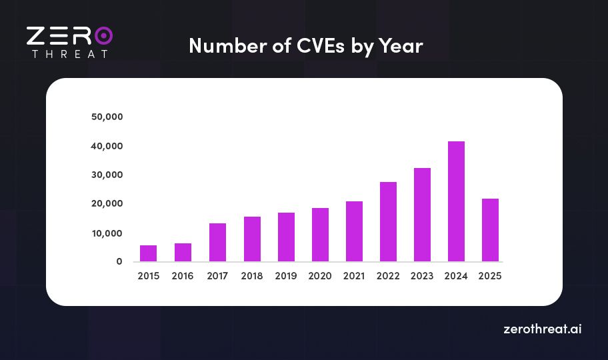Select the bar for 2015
coord(149,253)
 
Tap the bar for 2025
coord(490,230)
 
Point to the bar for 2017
coord(217,242)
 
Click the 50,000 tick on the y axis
coord(107,117)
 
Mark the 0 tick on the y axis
coord(119,261)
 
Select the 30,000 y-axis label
coord(107,175)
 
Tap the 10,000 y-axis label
coord(107,233)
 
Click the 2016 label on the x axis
coord(183,276)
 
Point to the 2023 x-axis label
coord(422,276)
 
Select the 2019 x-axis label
coord(285,276)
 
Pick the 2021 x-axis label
coord(354,276)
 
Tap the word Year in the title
coord(401,46)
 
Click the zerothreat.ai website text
coord(542,329)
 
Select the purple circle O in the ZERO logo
coord(103,35)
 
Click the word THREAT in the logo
coord(69,53)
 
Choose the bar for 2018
coord(251,239)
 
